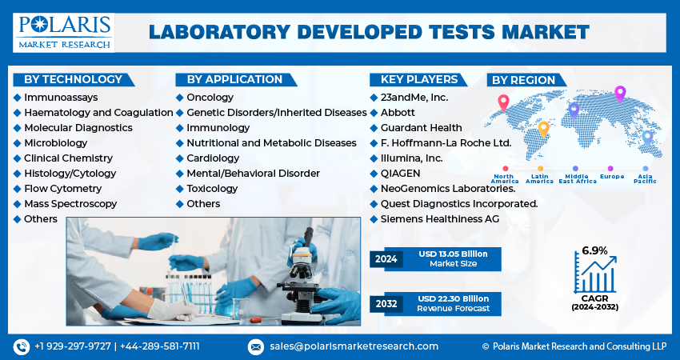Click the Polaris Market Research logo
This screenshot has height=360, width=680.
pyautogui.click(x=63, y=31)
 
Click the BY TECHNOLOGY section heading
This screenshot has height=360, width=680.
pyautogui.click(x=73, y=79)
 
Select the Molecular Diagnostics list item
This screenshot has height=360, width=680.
pyautogui.click(x=78, y=127)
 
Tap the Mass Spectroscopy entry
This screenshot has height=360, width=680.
pyautogui.click(x=70, y=203)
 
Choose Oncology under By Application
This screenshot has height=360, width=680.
pyautogui.click(x=210, y=97)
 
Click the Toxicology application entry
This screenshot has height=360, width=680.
pyautogui.click(x=212, y=188)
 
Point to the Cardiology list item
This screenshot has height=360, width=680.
pyautogui.click(x=213, y=158)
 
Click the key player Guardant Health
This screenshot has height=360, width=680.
pyautogui.click(x=421, y=127)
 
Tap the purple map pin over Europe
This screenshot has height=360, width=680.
pyautogui.click(x=619, y=94)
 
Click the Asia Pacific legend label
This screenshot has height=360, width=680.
pyautogui.click(x=645, y=178)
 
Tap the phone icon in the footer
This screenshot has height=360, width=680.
pyautogui.click(x=21, y=346)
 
